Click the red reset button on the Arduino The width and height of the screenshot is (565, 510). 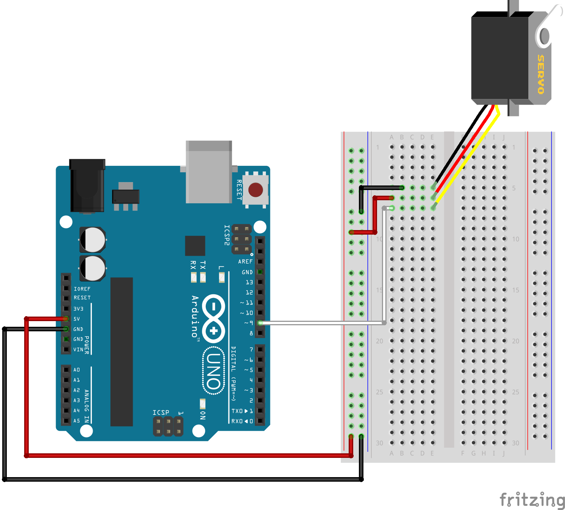point(256,190)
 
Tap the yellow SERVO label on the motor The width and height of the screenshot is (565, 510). point(541,74)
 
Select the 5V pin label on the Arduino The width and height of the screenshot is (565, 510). point(77,319)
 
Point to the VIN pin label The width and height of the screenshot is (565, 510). point(78,349)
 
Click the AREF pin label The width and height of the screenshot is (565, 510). point(245,261)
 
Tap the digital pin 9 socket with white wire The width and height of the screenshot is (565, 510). point(260,323)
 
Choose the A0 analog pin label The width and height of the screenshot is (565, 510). point(77,370)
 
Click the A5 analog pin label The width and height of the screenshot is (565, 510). point(77,420)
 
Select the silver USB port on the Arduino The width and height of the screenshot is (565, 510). point(209,172)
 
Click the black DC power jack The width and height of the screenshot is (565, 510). point(87,186)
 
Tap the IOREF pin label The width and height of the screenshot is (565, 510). point(82,289)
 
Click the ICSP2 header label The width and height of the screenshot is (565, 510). point(227,235)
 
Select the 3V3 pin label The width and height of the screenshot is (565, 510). point(78,309)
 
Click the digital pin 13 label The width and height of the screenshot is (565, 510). point(249,282)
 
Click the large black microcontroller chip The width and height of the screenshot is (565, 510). point(121,352)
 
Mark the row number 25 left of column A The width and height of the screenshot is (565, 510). point(379,392)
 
